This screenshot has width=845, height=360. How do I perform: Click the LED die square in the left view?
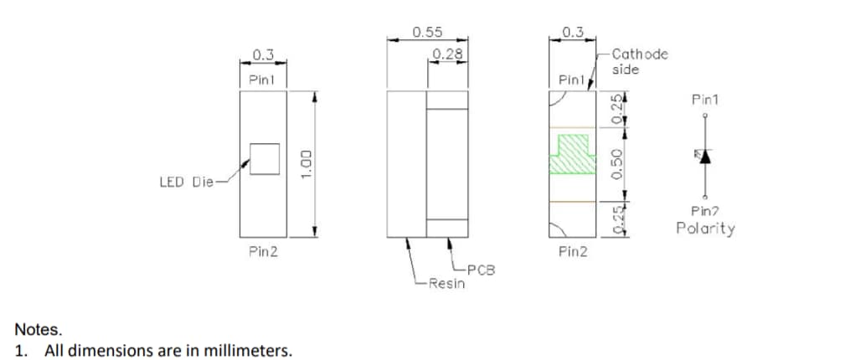pos(265,158)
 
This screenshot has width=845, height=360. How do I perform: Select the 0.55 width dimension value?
pos(427,32)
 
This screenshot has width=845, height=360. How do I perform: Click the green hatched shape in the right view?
pos(572,152)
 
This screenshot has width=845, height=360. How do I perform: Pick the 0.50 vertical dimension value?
pos(617,163)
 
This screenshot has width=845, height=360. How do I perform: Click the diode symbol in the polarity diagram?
pos(704,156)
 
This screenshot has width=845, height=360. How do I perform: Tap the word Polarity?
pos(705,228)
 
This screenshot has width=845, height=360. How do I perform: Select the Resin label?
pos(446,284)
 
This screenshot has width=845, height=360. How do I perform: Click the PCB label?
pos(481,270)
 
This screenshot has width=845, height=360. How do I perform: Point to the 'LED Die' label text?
pos(187,181)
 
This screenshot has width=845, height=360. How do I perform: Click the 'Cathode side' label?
pos(640,61)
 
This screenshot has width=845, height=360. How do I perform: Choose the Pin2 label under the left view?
pos(263,251)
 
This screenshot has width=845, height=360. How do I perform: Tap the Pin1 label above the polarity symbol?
pos(704,100)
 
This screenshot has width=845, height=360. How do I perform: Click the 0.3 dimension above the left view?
pos(263,54)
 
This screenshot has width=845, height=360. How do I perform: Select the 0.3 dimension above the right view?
pos(573,32)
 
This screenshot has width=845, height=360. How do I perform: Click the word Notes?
pos(39,331)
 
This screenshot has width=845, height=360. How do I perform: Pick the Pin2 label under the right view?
pos(573,251)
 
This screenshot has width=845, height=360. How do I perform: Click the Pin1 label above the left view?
pos(263,79)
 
